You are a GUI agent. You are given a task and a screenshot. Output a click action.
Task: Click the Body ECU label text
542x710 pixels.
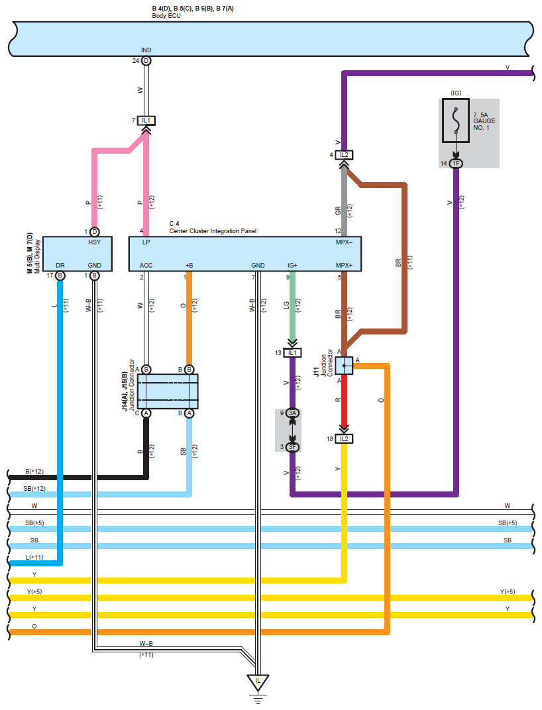click(x=166, y=16)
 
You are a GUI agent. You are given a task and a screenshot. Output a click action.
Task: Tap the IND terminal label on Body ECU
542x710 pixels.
click(x=146, y=50)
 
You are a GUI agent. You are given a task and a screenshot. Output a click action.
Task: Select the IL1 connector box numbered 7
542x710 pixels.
click(x=146, y=121)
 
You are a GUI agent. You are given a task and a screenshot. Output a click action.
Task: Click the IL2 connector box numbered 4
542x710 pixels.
click(x=344, y=155)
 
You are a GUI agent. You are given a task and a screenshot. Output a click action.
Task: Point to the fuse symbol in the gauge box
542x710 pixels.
click(x=455, y=121)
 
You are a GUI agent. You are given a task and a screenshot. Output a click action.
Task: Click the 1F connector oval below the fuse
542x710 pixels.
click(x=456, y=164)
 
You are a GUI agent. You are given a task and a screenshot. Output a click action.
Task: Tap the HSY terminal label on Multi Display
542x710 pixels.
click(x=94, y=242)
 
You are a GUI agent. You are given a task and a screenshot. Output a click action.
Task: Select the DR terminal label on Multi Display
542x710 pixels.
click(x=60, y=266)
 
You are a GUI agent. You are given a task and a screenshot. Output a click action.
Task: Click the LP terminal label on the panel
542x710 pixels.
click(x=146, y=242)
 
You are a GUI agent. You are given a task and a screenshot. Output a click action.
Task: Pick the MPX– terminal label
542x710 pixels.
click(x=344, y=242)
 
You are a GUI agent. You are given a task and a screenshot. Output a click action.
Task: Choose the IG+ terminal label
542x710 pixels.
click(x=292, y=266)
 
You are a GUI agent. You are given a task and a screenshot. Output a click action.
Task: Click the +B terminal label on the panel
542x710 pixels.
click(x=189, y=266)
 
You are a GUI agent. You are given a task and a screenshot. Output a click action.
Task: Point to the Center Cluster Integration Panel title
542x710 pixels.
click(x=213, y=231)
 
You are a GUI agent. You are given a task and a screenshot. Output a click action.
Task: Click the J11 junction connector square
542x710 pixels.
click(x=344, y=366)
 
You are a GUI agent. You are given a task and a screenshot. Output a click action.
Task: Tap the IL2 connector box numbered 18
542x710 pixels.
click(x=344, y=438)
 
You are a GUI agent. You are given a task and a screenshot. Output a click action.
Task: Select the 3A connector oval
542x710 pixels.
click(x=293, y=413)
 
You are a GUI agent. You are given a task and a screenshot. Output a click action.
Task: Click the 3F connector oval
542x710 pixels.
click(x=293, y=447)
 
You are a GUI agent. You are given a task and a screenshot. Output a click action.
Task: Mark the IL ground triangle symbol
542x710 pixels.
click(x=258, y=682)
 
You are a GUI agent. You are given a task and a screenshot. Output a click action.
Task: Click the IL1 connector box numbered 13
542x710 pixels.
click(x=292, y=353)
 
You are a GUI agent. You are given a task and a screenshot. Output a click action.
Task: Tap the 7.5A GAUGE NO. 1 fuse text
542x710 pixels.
click(x=484, y=121)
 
